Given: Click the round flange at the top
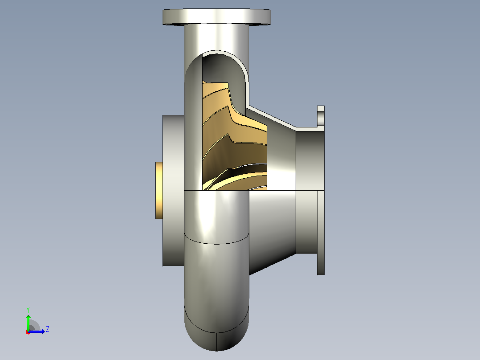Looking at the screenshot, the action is pyautogui.click(x=216, y=16).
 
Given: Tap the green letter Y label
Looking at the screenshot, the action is pyautogui.click(x=28, y=310).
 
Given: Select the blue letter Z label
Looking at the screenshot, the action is pyautogui.click(x=48, y=329).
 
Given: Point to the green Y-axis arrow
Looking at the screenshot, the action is pyautogui.click(x=28, y=322).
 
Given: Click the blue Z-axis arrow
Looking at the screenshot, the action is pyautogui.click(x=37, y=331).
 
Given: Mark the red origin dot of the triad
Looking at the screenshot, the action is pyautogui.click(x=28, y=332).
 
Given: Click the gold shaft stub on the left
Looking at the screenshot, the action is pyautogui.click(x=159, y=190).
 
